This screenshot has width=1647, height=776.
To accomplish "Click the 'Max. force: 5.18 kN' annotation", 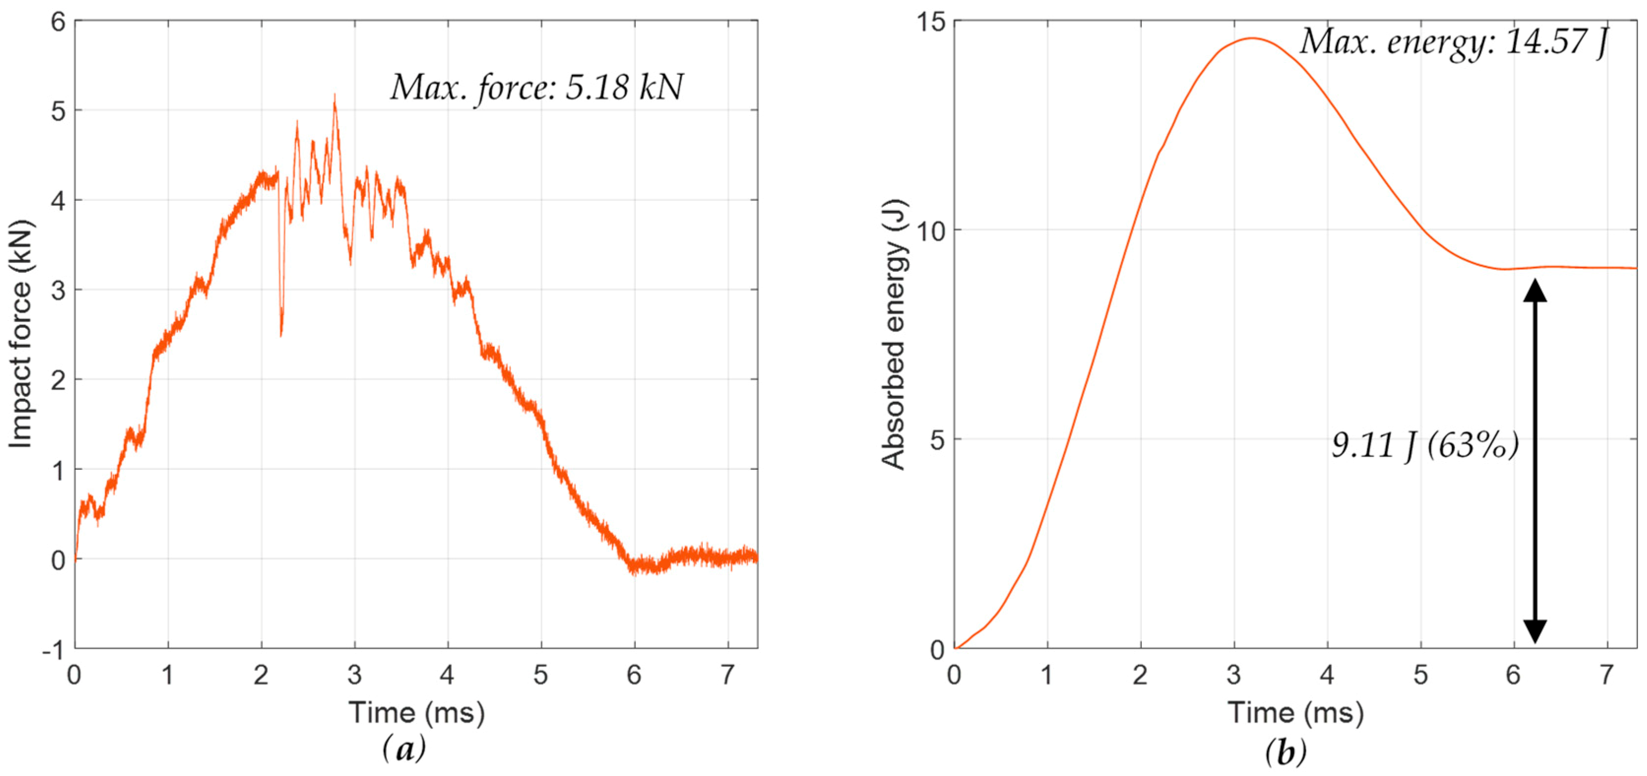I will pyautogui.click(x=537, y=88).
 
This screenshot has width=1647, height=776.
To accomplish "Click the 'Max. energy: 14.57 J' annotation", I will pyautogui.click(x=1453, y=42).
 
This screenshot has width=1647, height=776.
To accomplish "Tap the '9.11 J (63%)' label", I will pyautogui.click(x=1425, y=445).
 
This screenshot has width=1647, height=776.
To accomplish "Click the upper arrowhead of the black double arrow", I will pyautogui.click(x=1535, y=291).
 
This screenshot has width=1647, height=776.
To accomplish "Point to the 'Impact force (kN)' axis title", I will pyautogui.click(x=21, y=335).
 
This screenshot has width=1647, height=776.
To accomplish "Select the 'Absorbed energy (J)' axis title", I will pyautogui.click(x=893, y=335).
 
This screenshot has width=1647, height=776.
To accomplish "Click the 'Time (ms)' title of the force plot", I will pyautogui.click(x=416, y=712).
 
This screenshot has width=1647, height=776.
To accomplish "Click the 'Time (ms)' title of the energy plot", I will pyautogui.click(x=1296, y=712).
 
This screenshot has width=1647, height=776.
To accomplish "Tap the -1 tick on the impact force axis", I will pyautogui.click(x=54, y=650).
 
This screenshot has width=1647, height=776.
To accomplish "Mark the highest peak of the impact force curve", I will pyautogui.click(x=334, y=96).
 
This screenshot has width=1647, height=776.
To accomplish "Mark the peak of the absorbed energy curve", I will pyautogui.click(x=1252, y=38).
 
